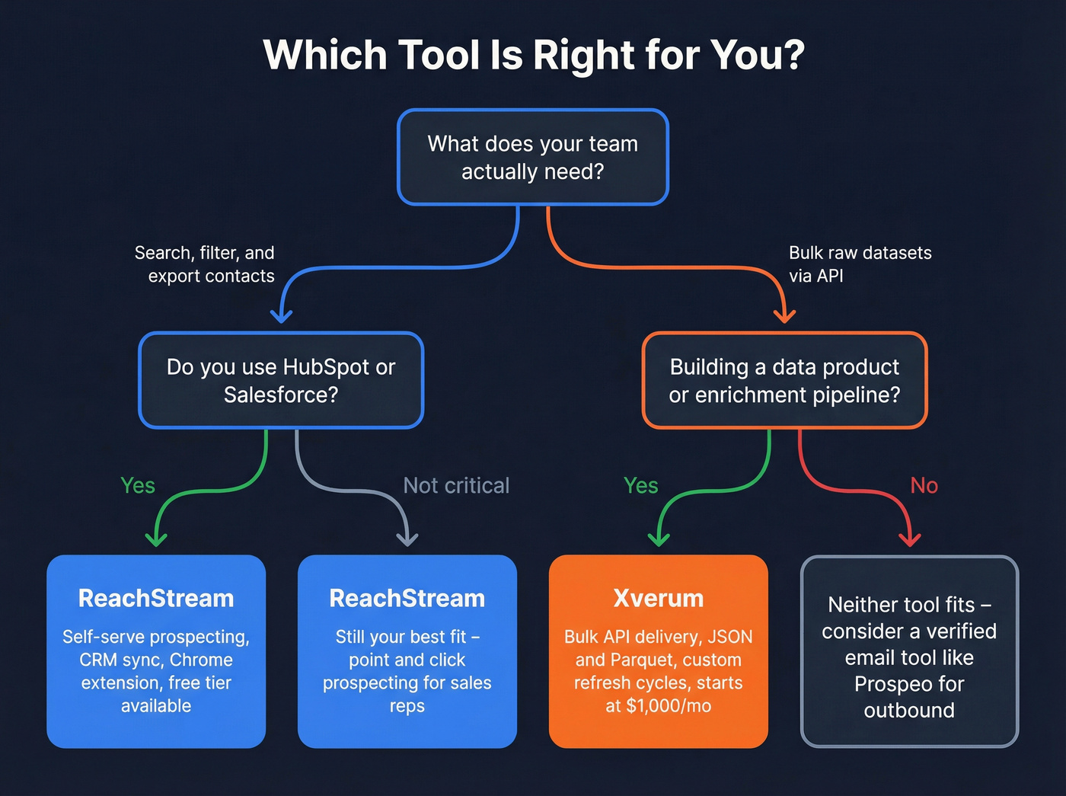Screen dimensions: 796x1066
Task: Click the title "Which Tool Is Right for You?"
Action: coord(533,56)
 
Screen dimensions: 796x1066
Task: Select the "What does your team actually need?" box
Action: coord(533,158)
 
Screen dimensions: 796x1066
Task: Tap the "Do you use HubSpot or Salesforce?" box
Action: coord(281,381)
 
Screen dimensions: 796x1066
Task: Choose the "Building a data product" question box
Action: coord(784,381)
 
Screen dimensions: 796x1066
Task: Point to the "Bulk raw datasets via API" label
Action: coord(860,264)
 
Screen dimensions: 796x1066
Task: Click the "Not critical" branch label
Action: coord(456,486)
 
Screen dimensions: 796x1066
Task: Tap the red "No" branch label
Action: coord(924,486)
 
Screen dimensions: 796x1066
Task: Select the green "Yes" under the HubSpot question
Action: coord(138,486)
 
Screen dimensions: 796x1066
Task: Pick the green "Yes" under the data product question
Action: coord(640,486)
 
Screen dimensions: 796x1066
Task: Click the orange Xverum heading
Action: coord(659,599)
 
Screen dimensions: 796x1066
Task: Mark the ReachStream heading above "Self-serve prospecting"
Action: coord(156,599)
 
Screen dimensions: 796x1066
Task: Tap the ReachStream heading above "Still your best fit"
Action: coord(407,599)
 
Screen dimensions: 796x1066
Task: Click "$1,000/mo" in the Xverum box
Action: coord(669,706)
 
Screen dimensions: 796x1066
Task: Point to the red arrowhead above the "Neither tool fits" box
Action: coord(910,540)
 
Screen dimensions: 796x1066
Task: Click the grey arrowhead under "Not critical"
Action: coord(407,540)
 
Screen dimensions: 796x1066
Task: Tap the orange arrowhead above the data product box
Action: coord(784,315)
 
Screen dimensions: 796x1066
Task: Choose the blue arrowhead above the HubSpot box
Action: coord(281,315)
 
